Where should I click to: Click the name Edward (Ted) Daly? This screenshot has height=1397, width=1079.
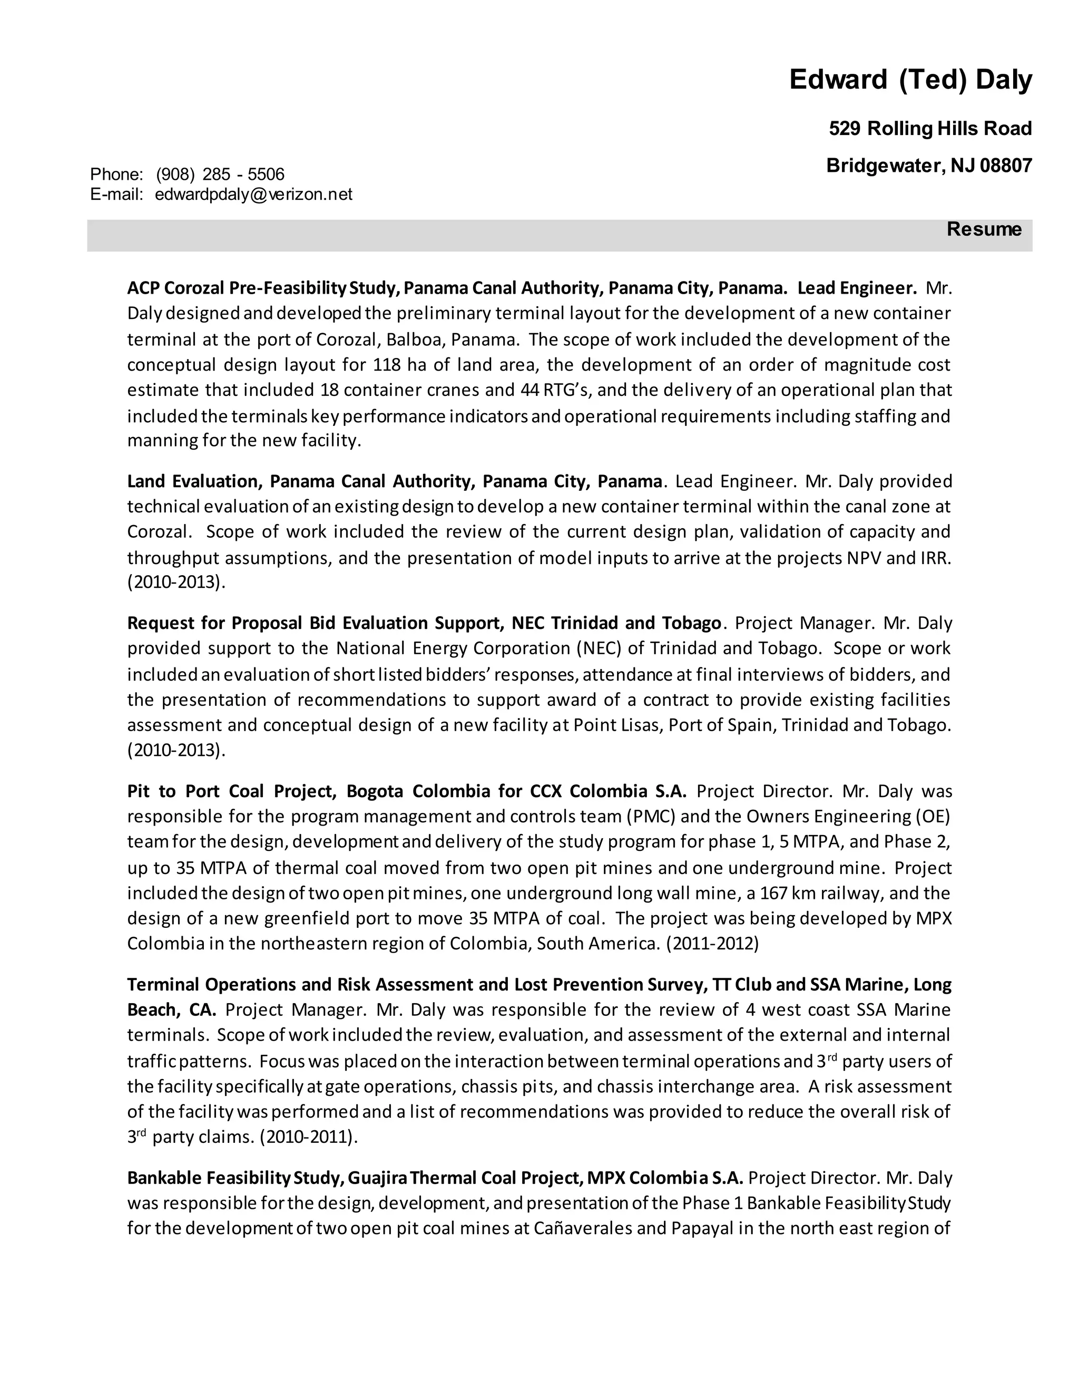910,80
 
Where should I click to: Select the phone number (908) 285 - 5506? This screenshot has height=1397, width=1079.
221,174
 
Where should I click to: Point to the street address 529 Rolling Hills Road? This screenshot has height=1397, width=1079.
930,129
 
